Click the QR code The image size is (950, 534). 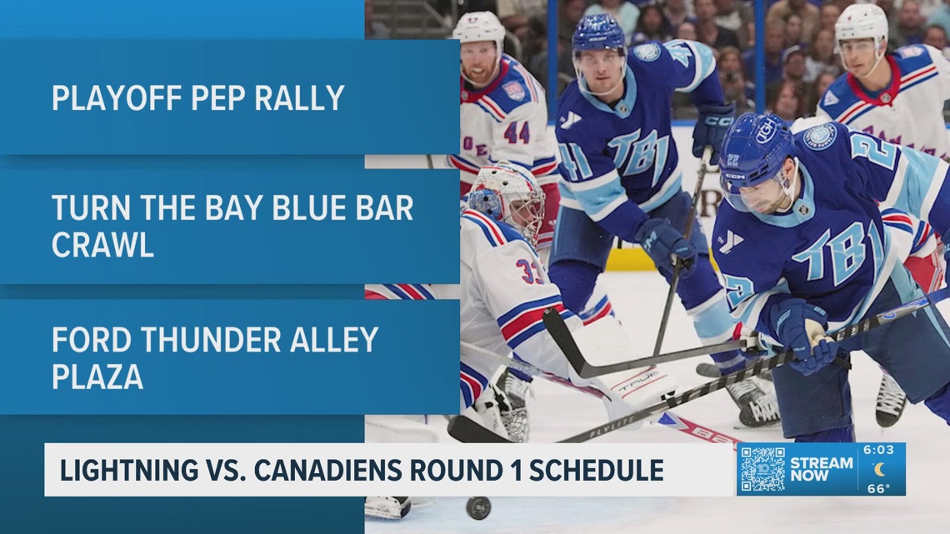762,469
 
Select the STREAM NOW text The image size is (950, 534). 821,469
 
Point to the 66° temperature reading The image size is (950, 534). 879,488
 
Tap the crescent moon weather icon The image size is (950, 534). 879,470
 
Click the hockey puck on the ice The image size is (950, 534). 477,507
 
